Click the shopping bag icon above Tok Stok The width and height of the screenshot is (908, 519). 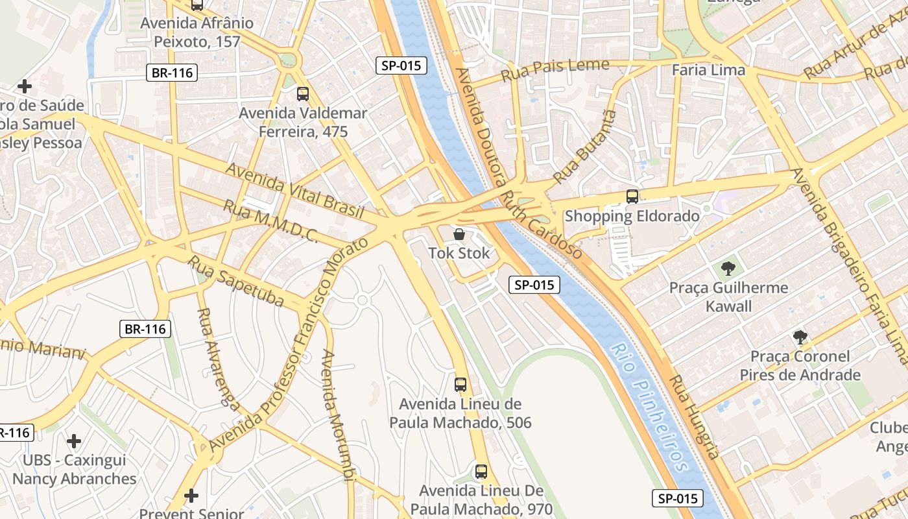tap(459, 234)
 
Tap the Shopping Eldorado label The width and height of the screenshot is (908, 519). tap(632, 216)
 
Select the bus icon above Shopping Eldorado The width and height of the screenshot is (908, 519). tap(632, 196)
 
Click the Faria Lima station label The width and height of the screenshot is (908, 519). tap(708, 70)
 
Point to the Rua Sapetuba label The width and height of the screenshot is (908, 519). tap(236, 281)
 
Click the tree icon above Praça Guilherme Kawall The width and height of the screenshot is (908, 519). tap(728, 268)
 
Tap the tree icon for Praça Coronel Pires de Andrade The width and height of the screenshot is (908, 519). tap(800, 337)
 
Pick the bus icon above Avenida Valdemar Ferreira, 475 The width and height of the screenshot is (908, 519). tap(303, 94)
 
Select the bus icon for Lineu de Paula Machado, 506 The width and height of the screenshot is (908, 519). tap(460, 384)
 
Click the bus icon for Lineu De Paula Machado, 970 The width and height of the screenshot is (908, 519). tap(481, 471)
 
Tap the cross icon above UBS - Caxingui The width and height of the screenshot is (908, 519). tap(74, 441)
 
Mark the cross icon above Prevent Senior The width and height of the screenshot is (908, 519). tap(191, 496)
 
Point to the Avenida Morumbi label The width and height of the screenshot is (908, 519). tap(338, 415)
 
